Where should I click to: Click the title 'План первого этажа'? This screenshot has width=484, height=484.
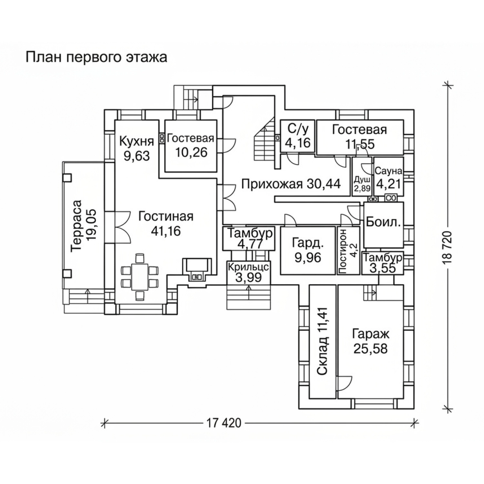[96, 57]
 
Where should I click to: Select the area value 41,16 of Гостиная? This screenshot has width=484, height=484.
[166, 231]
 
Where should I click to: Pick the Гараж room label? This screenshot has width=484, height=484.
[370, 334]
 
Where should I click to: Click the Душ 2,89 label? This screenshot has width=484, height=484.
[363, 183]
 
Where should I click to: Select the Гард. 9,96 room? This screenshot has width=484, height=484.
[307, 250]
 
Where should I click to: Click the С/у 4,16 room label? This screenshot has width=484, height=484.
[298, 136]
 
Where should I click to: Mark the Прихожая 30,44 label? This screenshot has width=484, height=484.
[291, 184]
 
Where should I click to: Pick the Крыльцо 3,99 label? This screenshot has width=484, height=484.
[248, 272]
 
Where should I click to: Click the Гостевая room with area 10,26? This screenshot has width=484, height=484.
[191, 146]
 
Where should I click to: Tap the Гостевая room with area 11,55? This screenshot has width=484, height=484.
[360, 137]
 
